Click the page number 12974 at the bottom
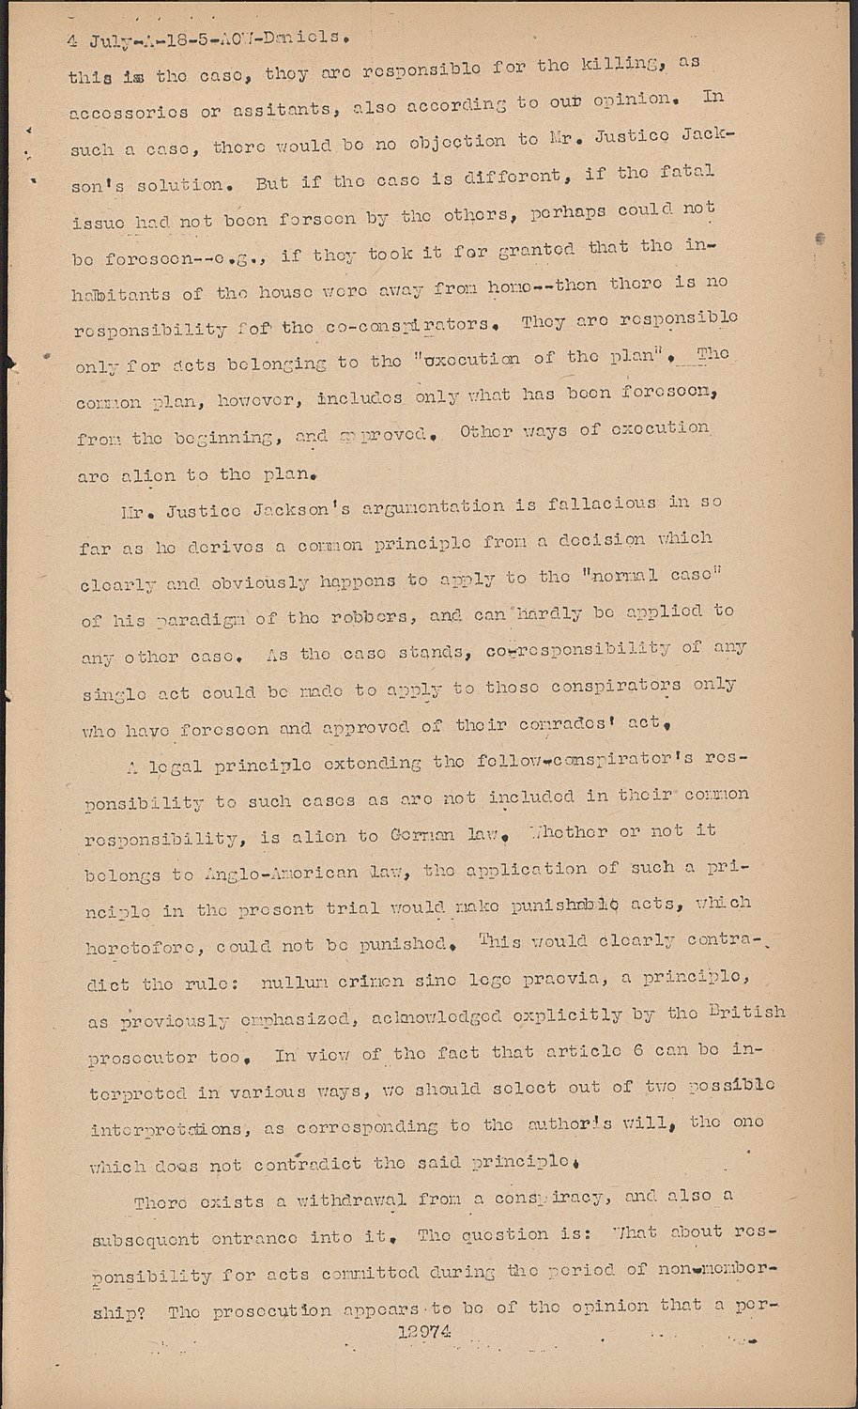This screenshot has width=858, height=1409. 424,1330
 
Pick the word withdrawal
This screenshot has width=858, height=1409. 339,1200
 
